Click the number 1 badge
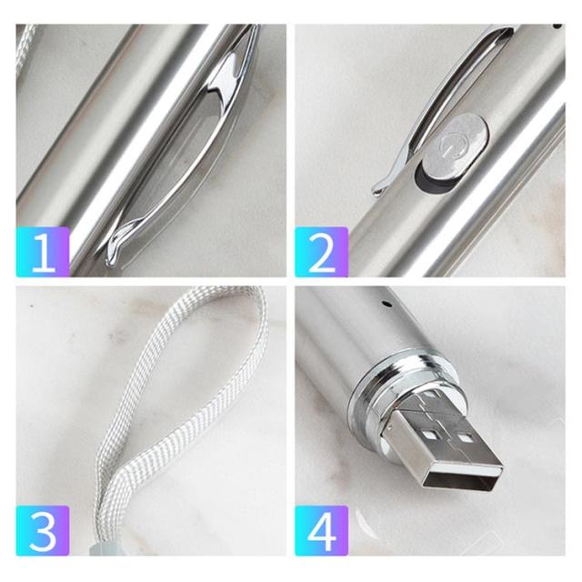click(x=43, y=252)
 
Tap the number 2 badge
click(x=321, y=252)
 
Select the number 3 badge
click(x=43, y=530)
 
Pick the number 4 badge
click(x=321, y=530)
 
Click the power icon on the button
click(x=451, y=145)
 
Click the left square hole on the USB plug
click(x=430, y=434)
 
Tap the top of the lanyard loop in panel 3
click(x=226, y=293)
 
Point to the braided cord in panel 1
click(x=25, y=48)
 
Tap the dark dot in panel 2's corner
click(x=557, y=26)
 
